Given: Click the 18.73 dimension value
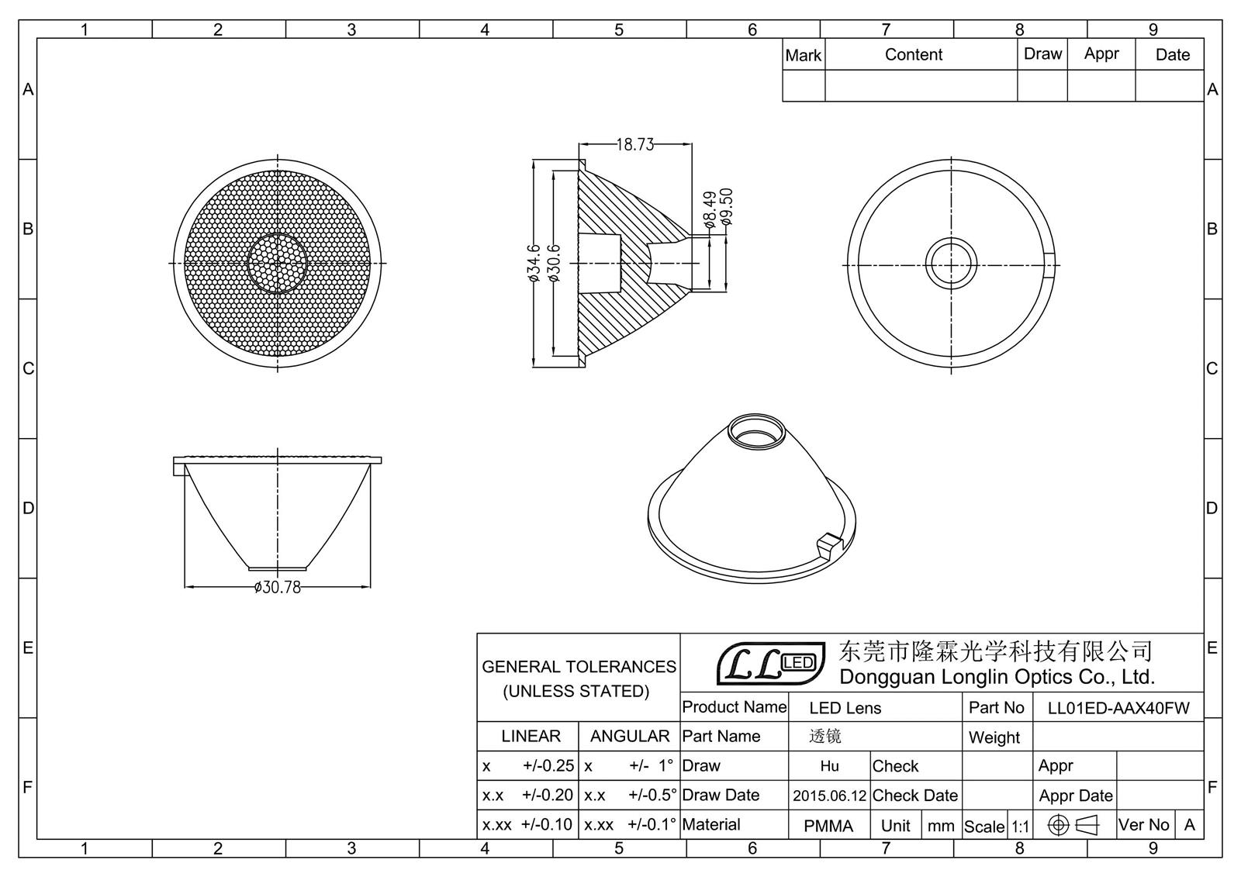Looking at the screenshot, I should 635,144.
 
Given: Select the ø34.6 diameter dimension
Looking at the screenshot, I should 534,263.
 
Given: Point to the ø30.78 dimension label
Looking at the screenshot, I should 278,587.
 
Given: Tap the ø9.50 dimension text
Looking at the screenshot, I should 726,207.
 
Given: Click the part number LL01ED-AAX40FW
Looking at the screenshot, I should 1118,708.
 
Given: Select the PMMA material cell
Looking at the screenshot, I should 828,826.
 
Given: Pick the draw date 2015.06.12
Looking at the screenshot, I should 829,796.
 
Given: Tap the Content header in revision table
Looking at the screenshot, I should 914,55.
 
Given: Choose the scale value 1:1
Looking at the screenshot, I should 1020,827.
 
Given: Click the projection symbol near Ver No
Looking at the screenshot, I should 1073,825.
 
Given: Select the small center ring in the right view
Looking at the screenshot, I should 952,264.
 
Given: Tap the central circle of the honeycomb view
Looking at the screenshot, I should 277,263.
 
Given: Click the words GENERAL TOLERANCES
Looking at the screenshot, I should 579,667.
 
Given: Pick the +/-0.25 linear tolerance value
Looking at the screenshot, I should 548,766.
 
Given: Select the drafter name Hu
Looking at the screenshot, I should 829,766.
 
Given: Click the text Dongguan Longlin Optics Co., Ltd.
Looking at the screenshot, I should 997,677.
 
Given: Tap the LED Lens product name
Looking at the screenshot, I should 845,708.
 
